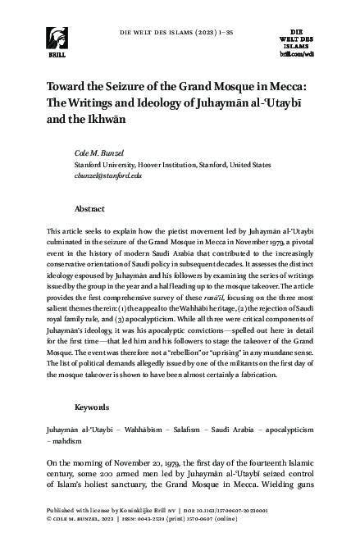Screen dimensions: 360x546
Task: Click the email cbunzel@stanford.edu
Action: (x=108, y=175)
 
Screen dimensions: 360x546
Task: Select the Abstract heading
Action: (x=89, y=208)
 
